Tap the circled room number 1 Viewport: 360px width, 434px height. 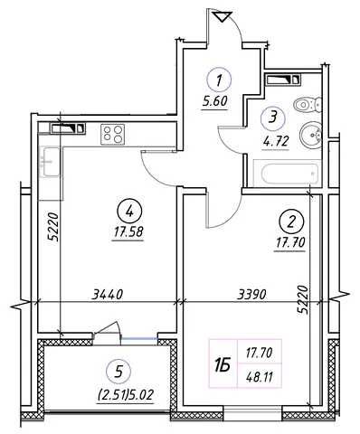click(x=219, y=80)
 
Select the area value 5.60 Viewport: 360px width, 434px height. click(x=214, y=101)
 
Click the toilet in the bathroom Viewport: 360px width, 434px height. click(x=307, y=105)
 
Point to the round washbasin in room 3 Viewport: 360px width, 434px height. click(x=310, y=135)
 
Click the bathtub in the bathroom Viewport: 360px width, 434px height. click(x=286, y=173)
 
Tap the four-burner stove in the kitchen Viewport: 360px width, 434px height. click(x=113, y=134)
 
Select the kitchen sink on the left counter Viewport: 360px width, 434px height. click(x=50, y=161)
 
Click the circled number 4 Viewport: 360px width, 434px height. click(x=130, y=212)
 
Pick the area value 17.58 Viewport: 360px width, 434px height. click(x=128, y=232)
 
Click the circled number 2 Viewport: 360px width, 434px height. click(x=291, y=222)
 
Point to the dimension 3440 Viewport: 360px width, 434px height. click(x=108, y=294)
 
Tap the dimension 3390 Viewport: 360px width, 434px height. click(x=251, y=294)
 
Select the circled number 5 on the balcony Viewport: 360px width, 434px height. click(x=119, y=373)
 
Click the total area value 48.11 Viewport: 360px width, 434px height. click(x=259, y=377)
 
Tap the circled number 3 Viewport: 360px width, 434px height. click(x=273, y=118)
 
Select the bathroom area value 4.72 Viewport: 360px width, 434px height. click(x=276, y=140)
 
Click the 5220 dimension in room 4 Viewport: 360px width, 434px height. click(x=53, y=227)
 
